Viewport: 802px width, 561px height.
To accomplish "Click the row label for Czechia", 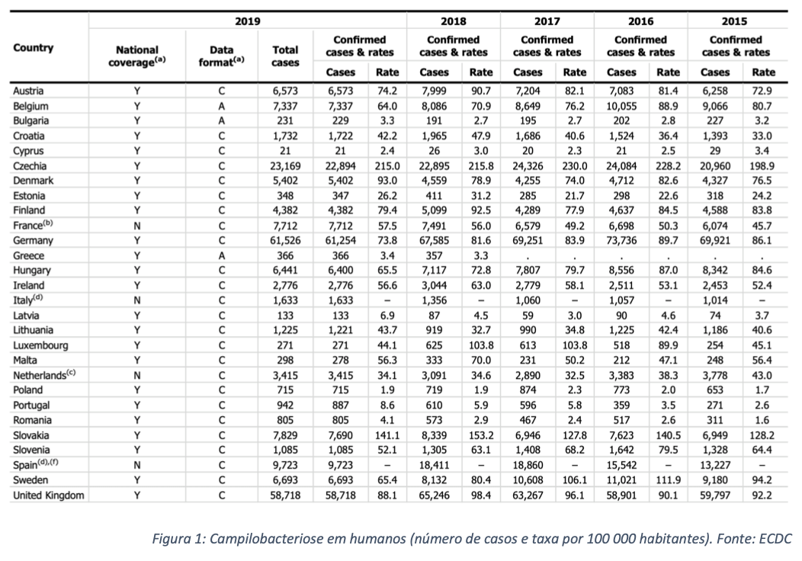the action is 30,166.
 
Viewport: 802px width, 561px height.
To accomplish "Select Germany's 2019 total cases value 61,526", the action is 285,240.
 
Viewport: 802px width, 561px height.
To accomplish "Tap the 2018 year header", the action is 453,21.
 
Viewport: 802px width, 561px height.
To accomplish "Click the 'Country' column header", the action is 34,47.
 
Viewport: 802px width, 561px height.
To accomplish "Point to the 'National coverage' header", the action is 137,56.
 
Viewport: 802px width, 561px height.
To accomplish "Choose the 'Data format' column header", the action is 222,56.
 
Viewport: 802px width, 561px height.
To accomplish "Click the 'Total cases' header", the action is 285,56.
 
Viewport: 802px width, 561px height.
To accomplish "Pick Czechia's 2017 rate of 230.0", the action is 575,166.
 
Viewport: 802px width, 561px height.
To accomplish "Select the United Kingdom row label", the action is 49,495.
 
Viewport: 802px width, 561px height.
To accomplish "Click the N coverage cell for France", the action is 137,226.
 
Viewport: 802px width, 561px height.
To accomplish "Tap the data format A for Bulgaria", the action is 222,120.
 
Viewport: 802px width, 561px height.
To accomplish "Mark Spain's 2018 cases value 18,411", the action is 434,466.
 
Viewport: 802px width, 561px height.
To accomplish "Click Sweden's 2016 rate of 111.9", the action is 668,480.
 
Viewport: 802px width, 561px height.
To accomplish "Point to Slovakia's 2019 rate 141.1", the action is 387,436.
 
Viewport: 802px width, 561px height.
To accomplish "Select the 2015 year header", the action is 734,21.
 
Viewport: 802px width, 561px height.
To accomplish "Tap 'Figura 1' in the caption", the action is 176,538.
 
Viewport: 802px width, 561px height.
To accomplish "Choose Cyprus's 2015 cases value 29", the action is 715,151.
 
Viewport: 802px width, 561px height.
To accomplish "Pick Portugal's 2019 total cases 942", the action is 285,406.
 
